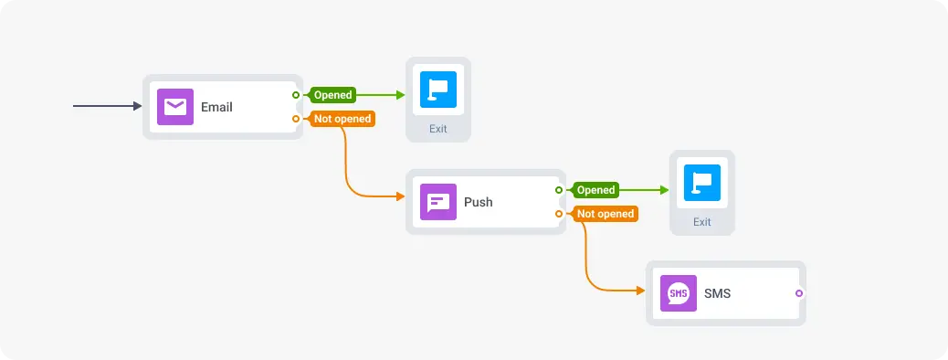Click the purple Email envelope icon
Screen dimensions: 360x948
tap(174, 107)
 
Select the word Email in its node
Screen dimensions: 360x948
tap(216, 107)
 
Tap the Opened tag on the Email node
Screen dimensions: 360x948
tap(332, 95)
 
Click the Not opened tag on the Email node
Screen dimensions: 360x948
tap(342, 119)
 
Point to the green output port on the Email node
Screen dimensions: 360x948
tap(296, 95)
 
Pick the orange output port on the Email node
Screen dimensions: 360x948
tap(296, 119)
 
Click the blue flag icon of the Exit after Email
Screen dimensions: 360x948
tap(438, 90)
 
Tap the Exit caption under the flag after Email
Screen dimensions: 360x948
tap(438, 129)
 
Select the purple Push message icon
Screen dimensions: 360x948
tap(437, 202)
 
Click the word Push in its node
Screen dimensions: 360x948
tap(478, 202)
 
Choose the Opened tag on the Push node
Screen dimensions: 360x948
tap(595, 190)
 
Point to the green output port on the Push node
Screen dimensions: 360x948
tap(559, 190)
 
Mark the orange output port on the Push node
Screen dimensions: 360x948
tap(559, 214)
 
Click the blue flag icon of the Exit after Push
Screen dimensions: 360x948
tap(701, 183)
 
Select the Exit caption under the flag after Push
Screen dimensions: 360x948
tap(701, 222)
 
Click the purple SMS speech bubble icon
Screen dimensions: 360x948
tap(678, 293)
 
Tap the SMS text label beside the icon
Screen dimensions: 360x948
tap(718, 293)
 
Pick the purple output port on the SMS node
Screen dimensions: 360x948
tap(799, 293)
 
